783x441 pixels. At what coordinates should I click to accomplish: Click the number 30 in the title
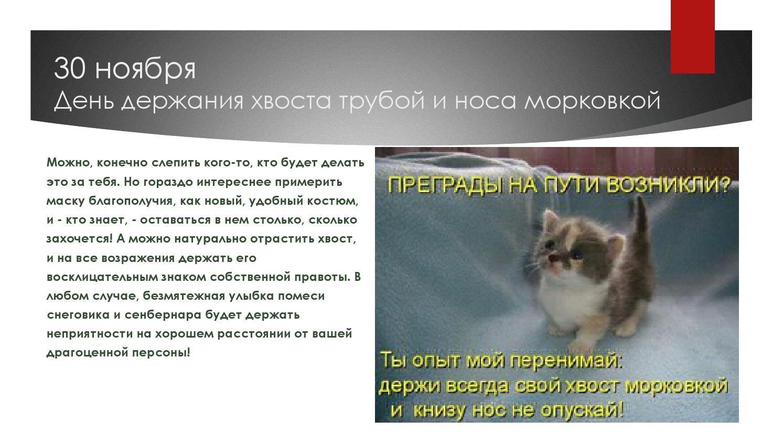pos(69,69)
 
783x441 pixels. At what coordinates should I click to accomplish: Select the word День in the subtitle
pos(84,101)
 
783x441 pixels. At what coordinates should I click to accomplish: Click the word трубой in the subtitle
pos(382,101)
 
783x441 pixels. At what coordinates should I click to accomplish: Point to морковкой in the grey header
pos(592,100)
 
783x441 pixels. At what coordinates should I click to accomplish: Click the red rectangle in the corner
pos(692,37)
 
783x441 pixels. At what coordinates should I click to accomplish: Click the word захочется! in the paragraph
pos(80,239)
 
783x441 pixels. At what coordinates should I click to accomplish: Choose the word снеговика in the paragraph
pos(78,315)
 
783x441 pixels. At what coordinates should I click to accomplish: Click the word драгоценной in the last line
pos(88,353)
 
